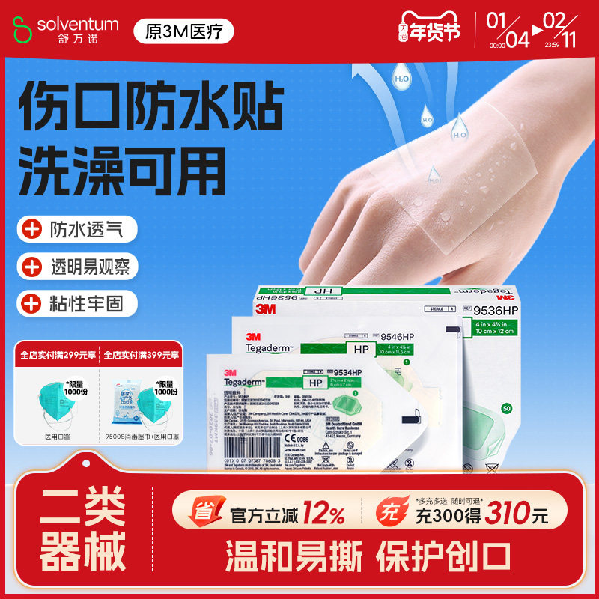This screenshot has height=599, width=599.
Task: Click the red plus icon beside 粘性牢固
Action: coord(31,303)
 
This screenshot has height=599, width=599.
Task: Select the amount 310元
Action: coord(517,514)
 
